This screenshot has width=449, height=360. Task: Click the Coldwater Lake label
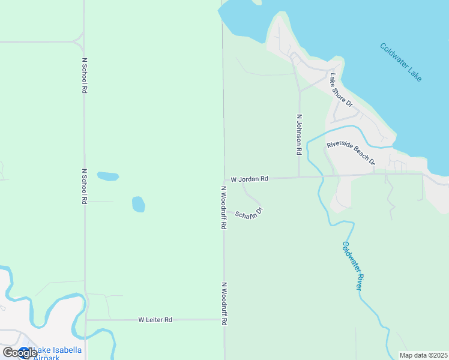[401, 62]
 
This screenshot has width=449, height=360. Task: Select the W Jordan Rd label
[250, 179]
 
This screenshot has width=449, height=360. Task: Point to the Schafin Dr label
[249, 214]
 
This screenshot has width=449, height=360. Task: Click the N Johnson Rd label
[298, 136]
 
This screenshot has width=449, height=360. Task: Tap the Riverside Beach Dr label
[351, 153]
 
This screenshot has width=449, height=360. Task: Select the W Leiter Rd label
[155, 320]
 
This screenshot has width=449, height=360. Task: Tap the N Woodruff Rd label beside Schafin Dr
[223, 208]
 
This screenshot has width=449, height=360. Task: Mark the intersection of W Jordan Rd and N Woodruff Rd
[224, 179]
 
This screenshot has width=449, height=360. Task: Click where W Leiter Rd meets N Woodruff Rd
[224, 319]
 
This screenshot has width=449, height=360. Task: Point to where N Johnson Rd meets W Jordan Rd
[299, 177]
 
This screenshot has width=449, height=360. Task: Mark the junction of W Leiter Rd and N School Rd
[86, 320]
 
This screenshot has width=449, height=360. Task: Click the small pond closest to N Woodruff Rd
[139, 204]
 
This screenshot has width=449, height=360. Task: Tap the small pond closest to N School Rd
[108, 176]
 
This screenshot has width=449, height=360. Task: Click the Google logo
[19, 353]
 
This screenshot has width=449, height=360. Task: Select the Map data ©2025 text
[423, 355]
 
